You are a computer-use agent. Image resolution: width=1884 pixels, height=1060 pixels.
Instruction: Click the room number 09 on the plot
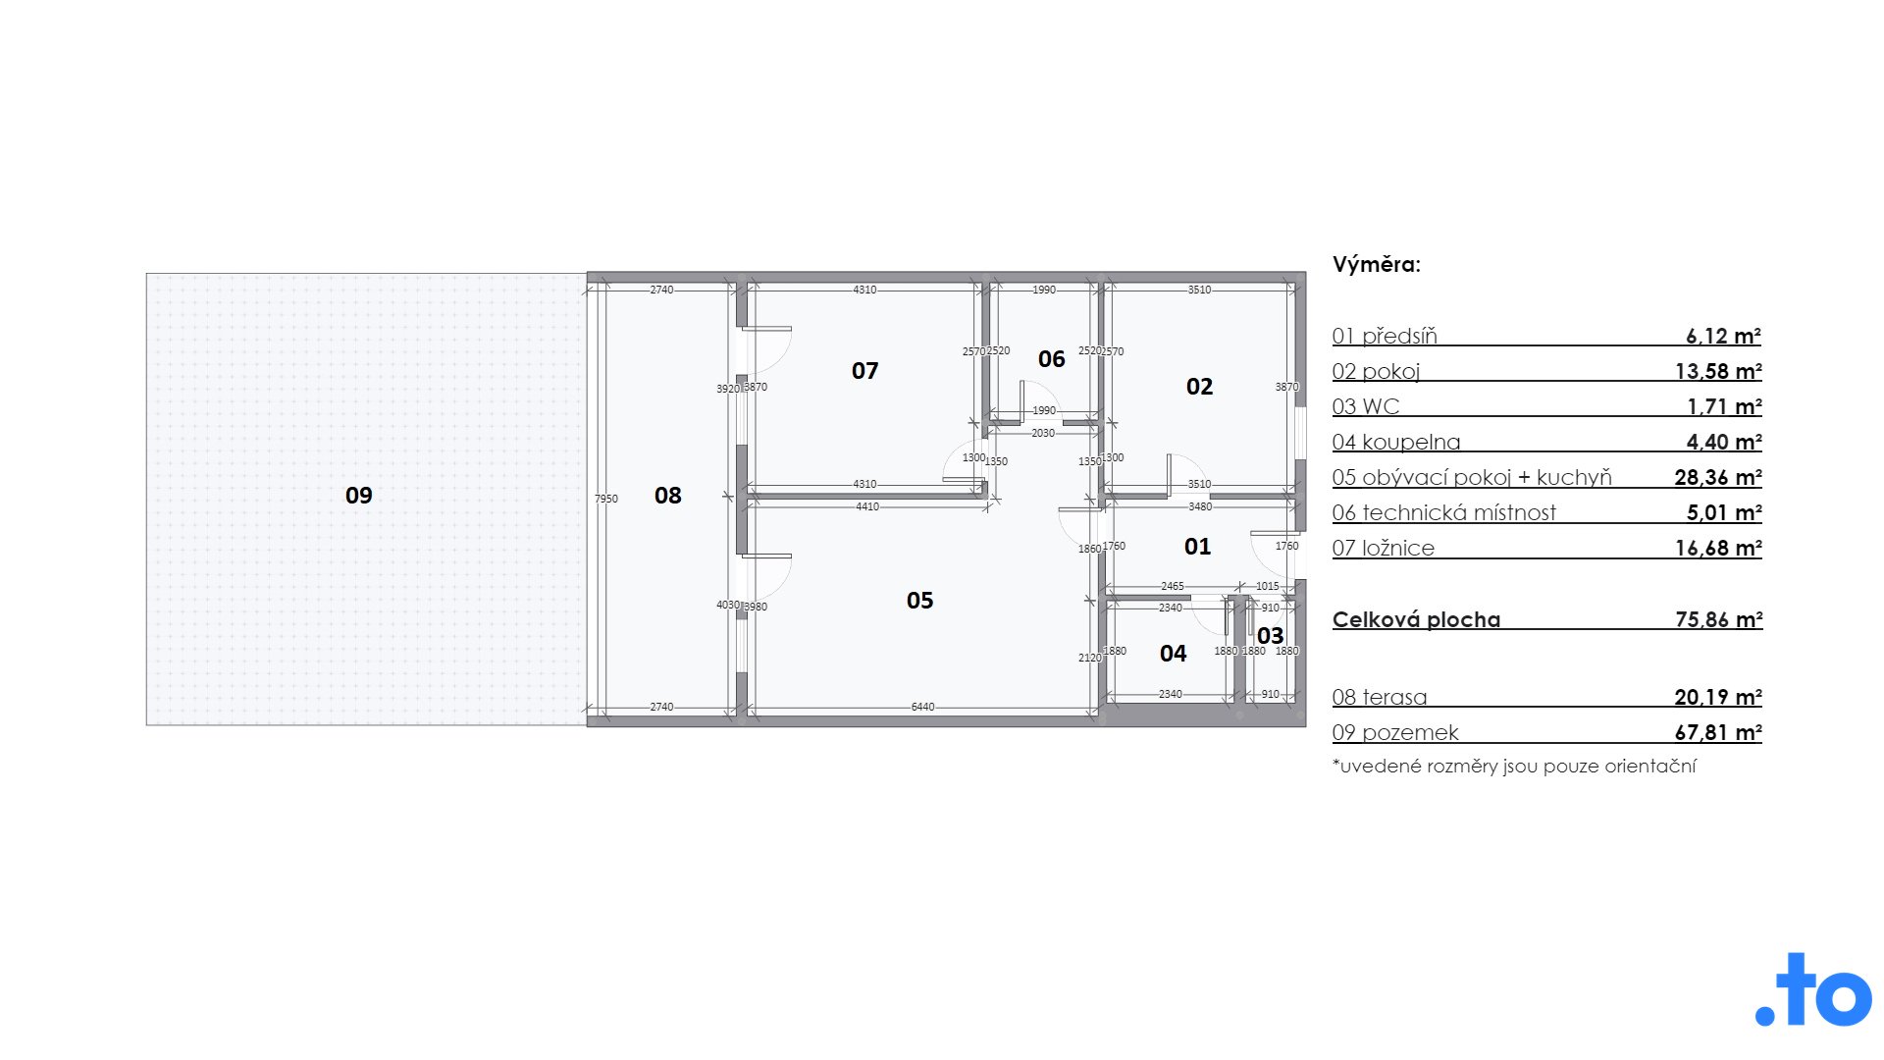(x=359, y=496)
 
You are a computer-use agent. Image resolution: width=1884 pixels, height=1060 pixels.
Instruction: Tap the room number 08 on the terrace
(x=668, y=496)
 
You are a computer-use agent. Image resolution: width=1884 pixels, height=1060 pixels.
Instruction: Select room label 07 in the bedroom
(x=864, y=371)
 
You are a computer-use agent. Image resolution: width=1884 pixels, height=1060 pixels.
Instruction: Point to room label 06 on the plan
(x=1052, y=359)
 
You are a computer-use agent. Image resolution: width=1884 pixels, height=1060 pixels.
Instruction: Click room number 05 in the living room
(x=920, y=601)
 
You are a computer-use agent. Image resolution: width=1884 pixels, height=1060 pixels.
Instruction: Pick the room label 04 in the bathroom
(x=1174, y=654)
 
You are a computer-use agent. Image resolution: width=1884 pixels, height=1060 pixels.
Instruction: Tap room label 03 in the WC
(x=1271, y=636)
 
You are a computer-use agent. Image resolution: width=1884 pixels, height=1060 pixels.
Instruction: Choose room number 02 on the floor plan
(x=1200, y=387)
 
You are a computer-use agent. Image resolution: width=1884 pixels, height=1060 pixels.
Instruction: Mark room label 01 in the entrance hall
(x=1198, y=547)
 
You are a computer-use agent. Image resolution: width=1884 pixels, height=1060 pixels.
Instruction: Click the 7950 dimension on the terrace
(x=606, y=499)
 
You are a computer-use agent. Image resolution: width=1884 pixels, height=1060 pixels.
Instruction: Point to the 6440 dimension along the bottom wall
(x=922, y=707)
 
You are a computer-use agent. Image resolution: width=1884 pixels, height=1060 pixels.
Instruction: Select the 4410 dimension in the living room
(x=867, y=506)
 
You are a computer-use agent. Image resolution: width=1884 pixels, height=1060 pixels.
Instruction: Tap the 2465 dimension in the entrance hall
(x=1173, y=586)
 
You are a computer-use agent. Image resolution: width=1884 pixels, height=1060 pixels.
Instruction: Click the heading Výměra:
(x=1377, y=264)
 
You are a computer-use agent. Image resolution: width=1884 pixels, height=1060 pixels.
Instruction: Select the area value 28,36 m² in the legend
(x=1718, y=477)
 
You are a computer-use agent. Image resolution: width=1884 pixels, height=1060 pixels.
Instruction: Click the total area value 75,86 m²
(x=1719, y=619)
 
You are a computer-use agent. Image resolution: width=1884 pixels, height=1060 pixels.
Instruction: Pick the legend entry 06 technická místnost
(x=1444, y=512)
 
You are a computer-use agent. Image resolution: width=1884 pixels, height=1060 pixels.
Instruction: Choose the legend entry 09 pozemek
(x=1395, y=732)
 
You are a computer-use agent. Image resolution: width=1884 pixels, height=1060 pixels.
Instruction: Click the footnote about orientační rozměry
(x=1514, y=767)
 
